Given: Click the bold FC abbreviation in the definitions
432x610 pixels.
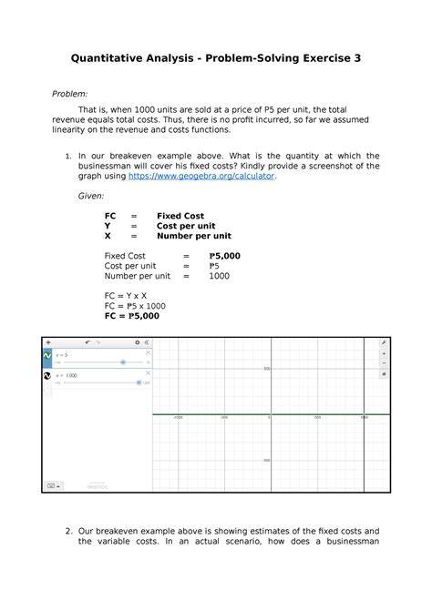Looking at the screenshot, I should (110, 215).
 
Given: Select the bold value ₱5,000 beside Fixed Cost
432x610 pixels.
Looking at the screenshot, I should (224, 256).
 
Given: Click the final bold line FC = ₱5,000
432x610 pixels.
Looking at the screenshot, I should (132, 316).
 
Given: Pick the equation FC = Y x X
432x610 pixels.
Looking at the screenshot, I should (127, 294).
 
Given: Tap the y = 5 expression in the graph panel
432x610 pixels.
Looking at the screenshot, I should (63, 353).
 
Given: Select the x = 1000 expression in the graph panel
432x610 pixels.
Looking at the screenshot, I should (68, 374).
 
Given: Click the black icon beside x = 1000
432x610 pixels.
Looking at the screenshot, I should (47, 376).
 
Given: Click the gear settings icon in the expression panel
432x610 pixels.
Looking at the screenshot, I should (137, 342).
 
